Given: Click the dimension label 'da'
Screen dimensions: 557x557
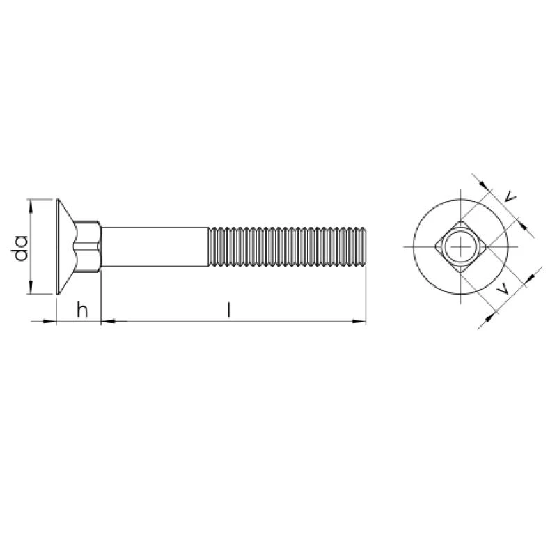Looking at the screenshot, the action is click(20, 248).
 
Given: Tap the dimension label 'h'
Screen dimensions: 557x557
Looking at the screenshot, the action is click(82, 310).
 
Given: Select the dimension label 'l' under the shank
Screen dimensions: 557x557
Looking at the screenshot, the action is click(230, 309).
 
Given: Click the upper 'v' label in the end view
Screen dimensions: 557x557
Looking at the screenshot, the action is click(510, 196).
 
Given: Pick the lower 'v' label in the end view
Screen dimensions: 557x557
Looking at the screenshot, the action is click(503, 289).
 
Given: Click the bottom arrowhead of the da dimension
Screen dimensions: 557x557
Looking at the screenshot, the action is click(30, 288).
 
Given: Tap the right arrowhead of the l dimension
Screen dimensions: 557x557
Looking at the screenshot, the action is click(359, 322).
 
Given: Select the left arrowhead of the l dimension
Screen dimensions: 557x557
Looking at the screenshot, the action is click(109, 322).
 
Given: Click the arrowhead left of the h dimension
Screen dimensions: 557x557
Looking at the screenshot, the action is click(49, 322).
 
